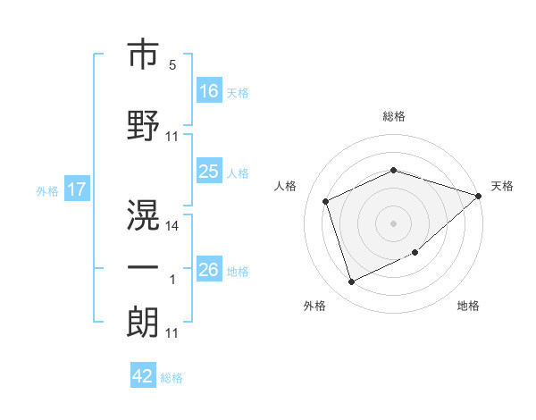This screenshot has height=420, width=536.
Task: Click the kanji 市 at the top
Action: pos(143,55)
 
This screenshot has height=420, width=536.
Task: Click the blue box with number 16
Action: pos(209,90)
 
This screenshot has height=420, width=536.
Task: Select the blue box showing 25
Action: pos(209,172)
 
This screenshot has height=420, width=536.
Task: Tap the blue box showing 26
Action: pos(209,270)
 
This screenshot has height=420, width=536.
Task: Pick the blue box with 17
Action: pos(76,189)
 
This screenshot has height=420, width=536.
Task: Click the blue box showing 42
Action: pos(143,376)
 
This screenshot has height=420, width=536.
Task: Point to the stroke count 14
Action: pos(172,226)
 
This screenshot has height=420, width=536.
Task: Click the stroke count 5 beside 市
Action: pos(172,66)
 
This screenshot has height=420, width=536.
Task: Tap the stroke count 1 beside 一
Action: pos(172,281)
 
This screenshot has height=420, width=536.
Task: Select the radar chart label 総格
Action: pos(393,116)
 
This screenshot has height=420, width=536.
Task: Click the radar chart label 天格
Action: pos(502,186)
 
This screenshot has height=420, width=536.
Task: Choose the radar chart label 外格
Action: pos(314,306)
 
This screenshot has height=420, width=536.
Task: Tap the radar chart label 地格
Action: pos(468,306)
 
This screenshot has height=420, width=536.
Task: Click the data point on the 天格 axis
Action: pos(479,195)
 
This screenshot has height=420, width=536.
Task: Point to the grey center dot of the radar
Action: pos(393,223)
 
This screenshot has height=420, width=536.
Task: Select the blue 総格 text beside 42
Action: pos(172,378)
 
